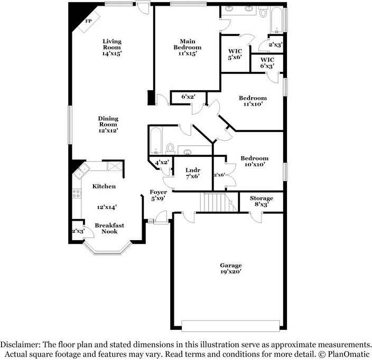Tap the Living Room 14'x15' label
coord(111,48)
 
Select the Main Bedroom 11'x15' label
coord(188,47)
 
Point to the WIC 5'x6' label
coord(235,54)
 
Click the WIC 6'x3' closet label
coord(266,63)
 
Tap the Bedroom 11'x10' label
coord(253,101)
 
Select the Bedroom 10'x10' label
coord(254,161)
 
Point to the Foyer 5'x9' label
coord(159,195)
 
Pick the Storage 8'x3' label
coord(261,201)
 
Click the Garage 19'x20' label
coord(231,269)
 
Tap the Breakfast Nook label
coord(109,229)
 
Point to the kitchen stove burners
coord(76,194)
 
